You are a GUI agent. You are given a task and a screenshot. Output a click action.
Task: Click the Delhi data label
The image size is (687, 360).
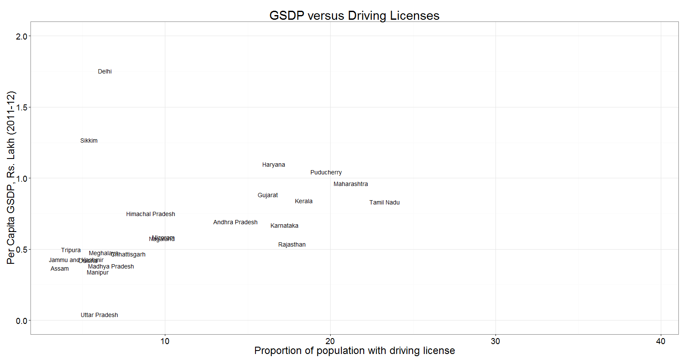point(105,72)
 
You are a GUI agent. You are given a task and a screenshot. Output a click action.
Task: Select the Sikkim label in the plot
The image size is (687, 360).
point(89,141)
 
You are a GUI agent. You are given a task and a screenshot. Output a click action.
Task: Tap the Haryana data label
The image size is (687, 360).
point(274,165)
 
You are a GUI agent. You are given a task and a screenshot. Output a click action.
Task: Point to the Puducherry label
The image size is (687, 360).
point(326,173)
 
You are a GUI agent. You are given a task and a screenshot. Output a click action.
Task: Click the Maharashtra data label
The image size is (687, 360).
point(350,184)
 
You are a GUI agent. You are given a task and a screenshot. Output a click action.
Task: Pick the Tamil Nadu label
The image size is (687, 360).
point(384,203)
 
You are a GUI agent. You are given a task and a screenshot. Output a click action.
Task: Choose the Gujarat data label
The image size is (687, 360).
point(268,195)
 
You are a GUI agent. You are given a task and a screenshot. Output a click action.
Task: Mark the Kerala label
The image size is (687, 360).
point(304,201)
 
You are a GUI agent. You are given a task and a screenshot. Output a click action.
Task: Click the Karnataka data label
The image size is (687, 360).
point(284,226)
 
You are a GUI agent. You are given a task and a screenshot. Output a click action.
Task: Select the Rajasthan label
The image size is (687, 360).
point(292,245)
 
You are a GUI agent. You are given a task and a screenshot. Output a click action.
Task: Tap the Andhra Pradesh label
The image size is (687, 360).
point(235,223)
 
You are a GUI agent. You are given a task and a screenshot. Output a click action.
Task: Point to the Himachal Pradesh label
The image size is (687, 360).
point(150,214)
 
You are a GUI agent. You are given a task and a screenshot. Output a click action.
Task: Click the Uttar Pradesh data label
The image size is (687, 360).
point(99,315)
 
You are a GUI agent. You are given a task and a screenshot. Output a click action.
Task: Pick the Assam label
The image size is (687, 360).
point(60,269)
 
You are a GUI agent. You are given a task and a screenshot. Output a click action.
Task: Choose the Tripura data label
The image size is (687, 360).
point(71,250)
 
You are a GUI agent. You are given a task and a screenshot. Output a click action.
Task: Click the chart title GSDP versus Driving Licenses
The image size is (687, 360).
point(354,15)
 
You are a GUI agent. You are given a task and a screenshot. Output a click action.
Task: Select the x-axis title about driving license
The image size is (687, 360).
point(354,351)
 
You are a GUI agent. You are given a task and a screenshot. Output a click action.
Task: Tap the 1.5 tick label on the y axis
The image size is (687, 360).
point(21,107)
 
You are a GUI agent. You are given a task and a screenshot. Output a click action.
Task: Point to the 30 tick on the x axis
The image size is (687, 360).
point(495,342)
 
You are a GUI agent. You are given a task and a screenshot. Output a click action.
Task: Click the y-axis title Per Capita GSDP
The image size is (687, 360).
point(11,177)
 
